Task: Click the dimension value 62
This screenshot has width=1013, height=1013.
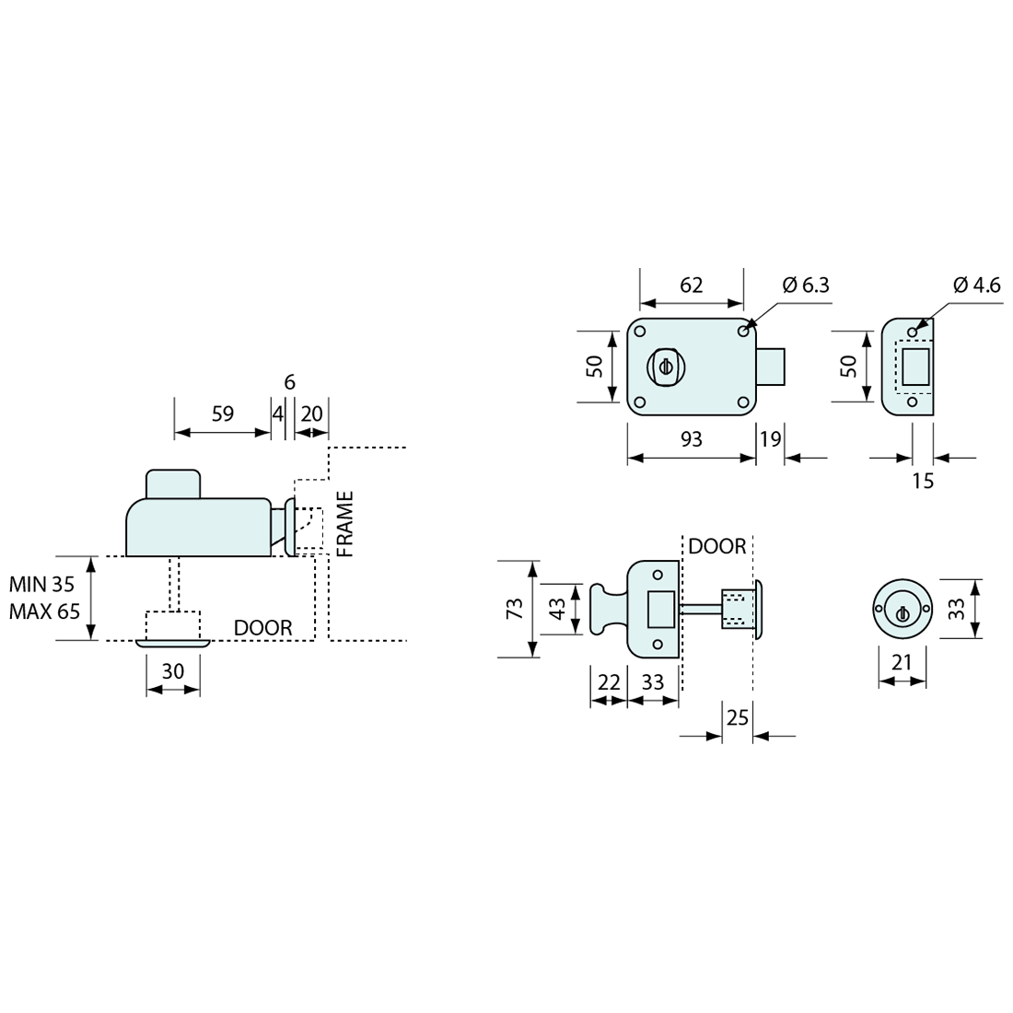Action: point(691,285)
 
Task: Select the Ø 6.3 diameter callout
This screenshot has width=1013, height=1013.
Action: point(806,285)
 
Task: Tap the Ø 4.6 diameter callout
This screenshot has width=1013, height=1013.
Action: point(976,285)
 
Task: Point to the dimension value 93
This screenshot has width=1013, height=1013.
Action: point(691,439)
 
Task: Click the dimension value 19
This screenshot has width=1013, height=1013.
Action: point(770,439)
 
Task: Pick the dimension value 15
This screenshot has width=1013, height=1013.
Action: point(923,482)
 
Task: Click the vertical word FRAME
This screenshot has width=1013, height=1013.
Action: point(345,524)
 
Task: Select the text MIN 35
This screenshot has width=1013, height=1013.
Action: point(42,584)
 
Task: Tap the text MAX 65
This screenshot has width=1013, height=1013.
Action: point(44,611)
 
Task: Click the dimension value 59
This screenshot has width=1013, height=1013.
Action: point(222,413)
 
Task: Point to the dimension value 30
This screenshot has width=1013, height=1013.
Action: point(172,671)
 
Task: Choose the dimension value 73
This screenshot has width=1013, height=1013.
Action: point(514,609)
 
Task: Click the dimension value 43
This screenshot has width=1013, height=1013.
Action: point(557,609)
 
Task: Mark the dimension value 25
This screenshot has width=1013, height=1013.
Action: point(737,717)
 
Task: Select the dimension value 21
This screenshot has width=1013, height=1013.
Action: point(902,662)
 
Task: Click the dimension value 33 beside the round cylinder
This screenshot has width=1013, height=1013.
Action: point(956,609)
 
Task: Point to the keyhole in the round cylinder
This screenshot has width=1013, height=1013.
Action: point(902,613)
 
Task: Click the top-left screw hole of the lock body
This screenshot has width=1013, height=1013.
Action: point(640,332)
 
